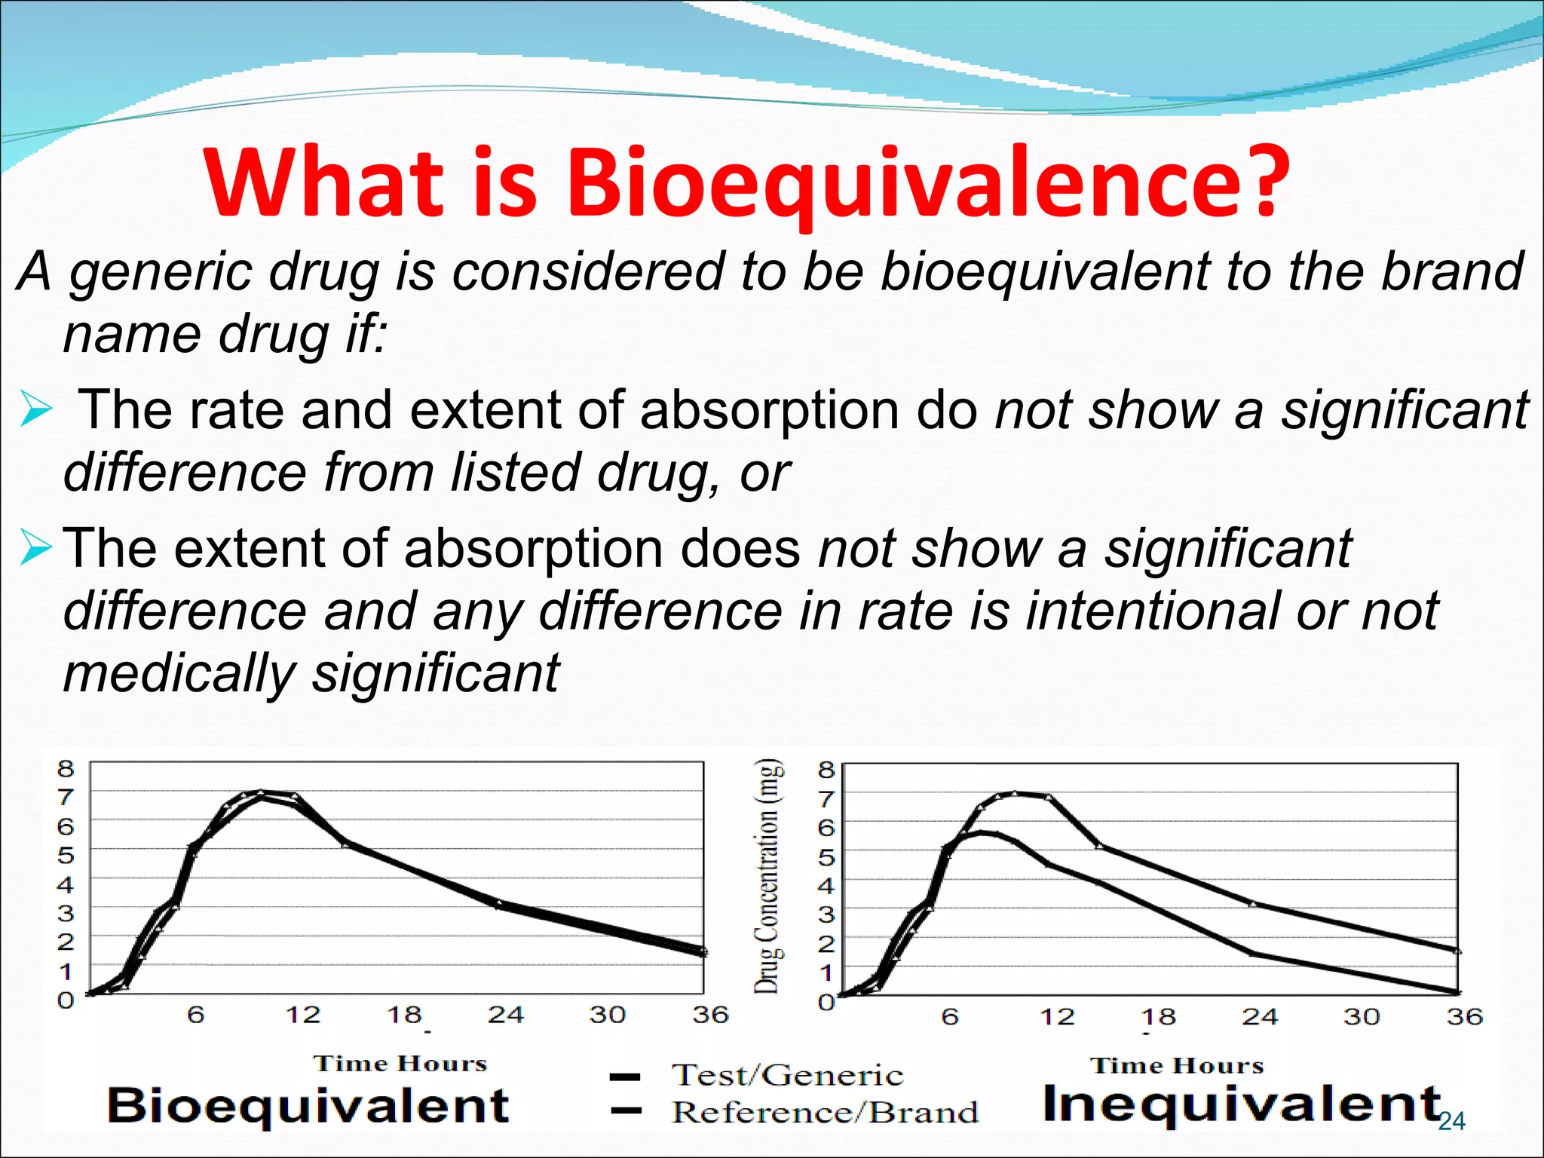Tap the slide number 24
point(1451,1122)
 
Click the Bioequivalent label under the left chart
point(308,1106)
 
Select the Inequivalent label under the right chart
point(1242,1104)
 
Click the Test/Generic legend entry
point(787,1075)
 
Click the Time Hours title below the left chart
point(400,1064)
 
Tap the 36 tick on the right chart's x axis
point(1464,1017)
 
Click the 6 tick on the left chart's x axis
point(195,1015)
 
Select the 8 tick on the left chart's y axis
point(66,769)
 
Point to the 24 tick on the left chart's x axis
point(505,1015)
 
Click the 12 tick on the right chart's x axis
point(1057,1017)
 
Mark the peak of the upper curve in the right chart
point(1015,793)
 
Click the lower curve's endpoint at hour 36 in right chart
point(1457,992)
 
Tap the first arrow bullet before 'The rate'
point(35,410)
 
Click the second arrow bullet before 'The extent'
point(35,548)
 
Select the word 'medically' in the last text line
point(179,673)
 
